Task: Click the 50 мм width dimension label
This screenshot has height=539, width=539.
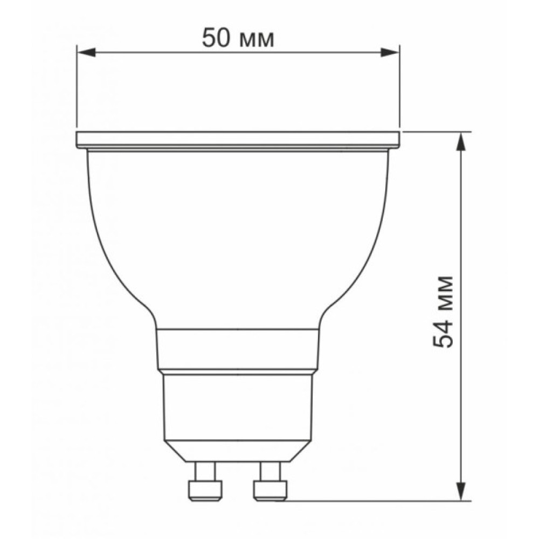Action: pos(238,38)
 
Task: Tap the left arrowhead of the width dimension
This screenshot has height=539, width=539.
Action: pos(86,53)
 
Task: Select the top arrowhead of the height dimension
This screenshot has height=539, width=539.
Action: pos(461,142)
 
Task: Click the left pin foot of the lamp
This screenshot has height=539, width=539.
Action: pos(205,490)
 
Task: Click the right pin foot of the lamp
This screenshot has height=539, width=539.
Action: pos(270,490)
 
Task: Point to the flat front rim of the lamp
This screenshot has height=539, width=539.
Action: pos(238,140)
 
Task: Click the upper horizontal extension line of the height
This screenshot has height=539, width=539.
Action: pos(437,132)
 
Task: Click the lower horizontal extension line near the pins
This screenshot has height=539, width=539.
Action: pos(377,500)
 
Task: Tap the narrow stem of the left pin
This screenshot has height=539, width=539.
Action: pos(205,471)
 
